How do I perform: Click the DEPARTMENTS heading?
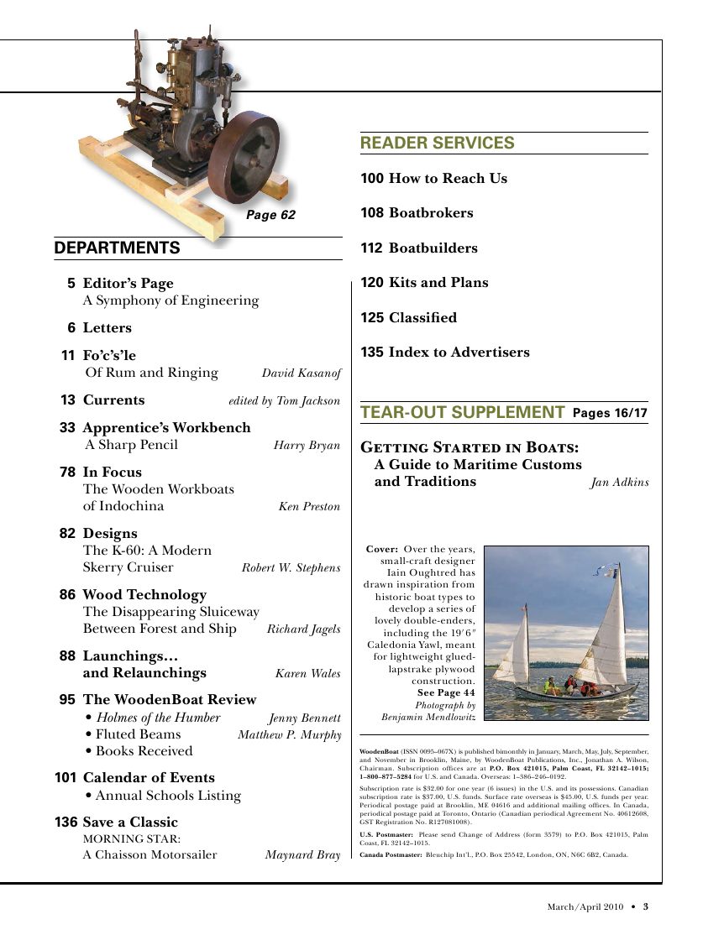pos(117,248)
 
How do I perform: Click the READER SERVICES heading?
pos(437,144)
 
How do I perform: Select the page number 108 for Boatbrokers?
pos(372,213)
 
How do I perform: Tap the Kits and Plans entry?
pos(438,283)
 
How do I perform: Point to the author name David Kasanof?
pos(301,373)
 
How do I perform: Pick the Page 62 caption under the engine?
pos(270,216)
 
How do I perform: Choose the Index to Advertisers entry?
pos(459,352)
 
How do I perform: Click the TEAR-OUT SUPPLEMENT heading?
pos(462,413)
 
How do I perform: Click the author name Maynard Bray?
pos(302,856)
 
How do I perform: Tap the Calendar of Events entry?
pos(149,778)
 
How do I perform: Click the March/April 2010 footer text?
pos(585,906)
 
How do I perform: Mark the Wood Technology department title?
pos(144,595)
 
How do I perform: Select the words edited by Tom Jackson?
pos(284,401)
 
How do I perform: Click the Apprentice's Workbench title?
pos(166,428)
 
